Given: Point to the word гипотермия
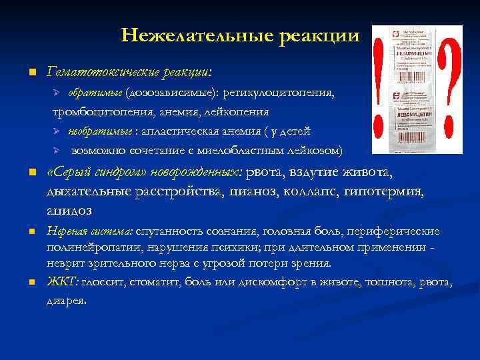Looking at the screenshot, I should pyautogui.click(x=383, y=192).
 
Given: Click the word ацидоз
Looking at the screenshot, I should pyautogui.click(x=69, y=210).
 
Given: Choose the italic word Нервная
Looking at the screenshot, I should pyautogui.click(x=65, y=231).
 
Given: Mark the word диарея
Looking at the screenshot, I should pyautogui.click(x=66, y=300).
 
